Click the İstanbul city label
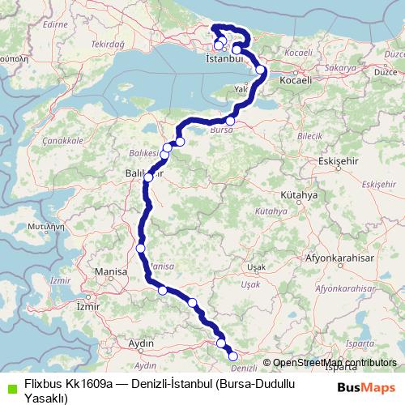pos(225,59)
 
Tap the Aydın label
pos(142,343)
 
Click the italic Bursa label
pos(221,129)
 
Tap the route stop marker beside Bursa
pos(230,121)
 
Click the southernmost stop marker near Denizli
pos(233,356)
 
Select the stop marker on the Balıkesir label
pos(148,177)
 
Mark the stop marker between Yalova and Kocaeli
pos(260,70)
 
